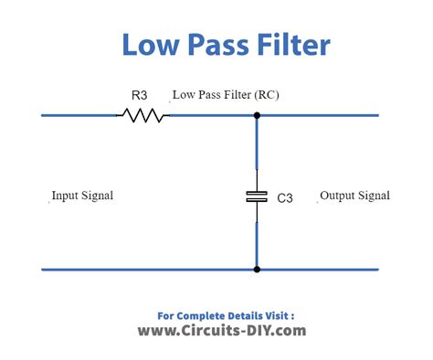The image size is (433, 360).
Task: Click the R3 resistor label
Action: (139, 95)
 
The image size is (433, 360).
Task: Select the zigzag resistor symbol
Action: (143, 115)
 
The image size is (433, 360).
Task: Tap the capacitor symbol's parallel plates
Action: (257, 196)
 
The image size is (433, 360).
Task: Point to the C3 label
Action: (285, 198)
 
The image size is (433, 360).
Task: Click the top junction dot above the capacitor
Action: (257, 115)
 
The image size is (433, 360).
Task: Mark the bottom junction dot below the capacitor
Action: (257, 270)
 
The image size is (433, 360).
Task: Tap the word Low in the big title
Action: (150, 45)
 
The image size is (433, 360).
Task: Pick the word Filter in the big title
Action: (294, 45)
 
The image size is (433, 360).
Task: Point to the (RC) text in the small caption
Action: (267, 95)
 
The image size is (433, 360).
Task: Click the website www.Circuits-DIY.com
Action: (222, 331)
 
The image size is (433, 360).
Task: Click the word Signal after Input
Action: (96, 196)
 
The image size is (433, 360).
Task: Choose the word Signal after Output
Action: (374, 196)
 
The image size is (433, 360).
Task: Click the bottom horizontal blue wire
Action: (210, 270)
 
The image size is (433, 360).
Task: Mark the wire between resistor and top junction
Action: (212, 115)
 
